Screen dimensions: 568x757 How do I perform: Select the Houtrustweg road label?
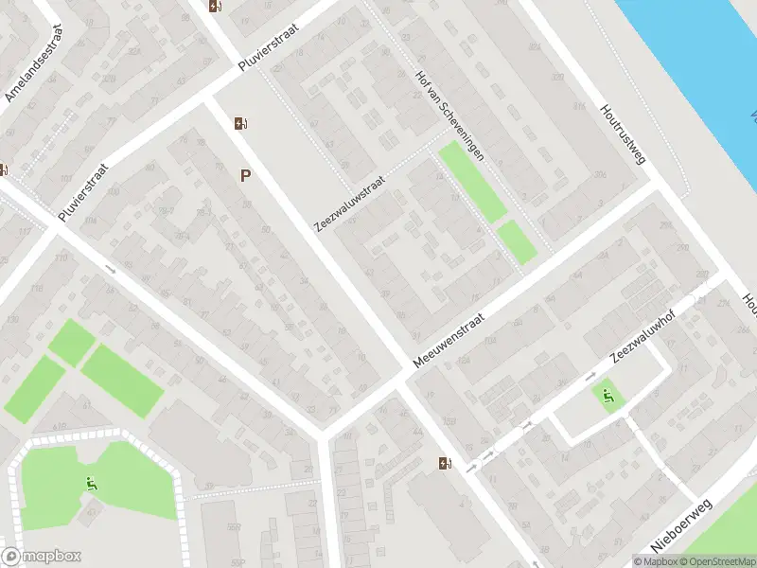click(x=623, y=133)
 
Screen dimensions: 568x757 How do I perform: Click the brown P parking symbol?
click(x=246, y=175)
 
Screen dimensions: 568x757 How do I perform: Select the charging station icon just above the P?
click(x=240, y=123)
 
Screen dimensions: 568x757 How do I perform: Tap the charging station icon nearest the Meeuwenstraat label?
click(x=445, y=463)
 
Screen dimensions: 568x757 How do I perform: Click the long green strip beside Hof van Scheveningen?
click(x=473, y=182)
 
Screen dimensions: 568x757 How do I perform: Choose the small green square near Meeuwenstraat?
click(x=517, y=241)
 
